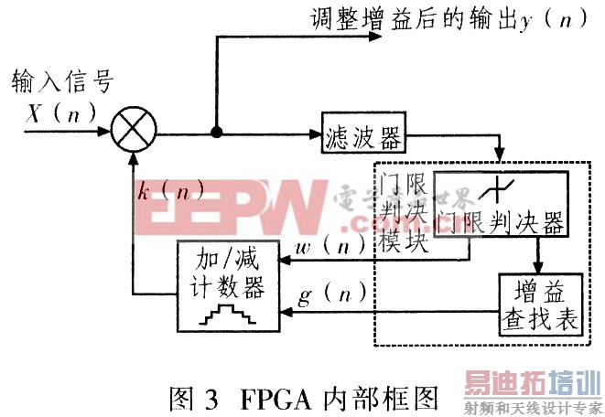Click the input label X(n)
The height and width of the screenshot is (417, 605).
coord(45,114)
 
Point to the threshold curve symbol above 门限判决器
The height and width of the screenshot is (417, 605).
coord(500,188)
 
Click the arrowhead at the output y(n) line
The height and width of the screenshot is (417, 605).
coord(373,37)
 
